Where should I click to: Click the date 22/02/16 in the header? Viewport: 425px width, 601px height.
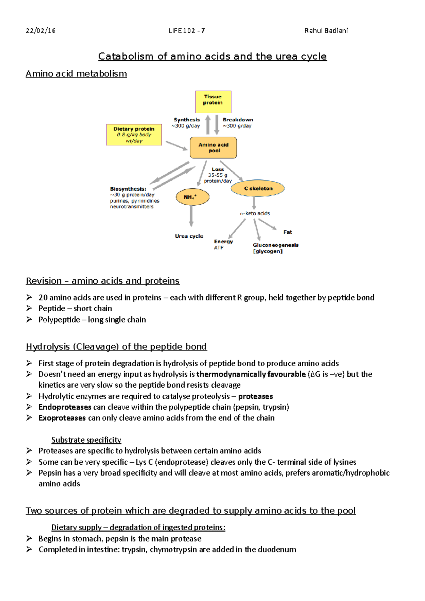point(40,30)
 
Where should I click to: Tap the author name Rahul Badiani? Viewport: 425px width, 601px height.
point(326,30)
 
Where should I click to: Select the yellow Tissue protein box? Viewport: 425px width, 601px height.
point(213,102)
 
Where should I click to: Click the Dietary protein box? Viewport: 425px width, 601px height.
point(134,134)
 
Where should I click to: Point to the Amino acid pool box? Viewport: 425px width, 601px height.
point(213,148)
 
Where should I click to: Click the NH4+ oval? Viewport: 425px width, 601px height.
point(192,197)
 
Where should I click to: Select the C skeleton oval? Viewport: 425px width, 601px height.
point(258,188)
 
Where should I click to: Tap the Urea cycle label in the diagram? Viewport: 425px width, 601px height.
point(189,236)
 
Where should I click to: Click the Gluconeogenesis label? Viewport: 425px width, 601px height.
point(276,245)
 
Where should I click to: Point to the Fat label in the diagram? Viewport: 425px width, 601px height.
point(287,232)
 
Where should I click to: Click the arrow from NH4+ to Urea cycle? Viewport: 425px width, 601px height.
point(191,216)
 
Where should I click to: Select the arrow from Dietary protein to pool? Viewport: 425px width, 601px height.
point(176,145)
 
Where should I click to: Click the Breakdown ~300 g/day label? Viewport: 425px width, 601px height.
point(238,122)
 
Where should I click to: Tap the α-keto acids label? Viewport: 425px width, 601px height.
point(255,213)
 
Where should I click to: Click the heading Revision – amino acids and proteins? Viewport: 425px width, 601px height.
point(103,281)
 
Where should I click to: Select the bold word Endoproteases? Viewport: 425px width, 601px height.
point(65,407)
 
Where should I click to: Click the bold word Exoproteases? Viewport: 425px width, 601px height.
point(62,418)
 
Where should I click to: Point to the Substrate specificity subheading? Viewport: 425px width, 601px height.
point(86,440)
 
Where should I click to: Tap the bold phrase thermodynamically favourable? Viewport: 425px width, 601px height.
point(251,374)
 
